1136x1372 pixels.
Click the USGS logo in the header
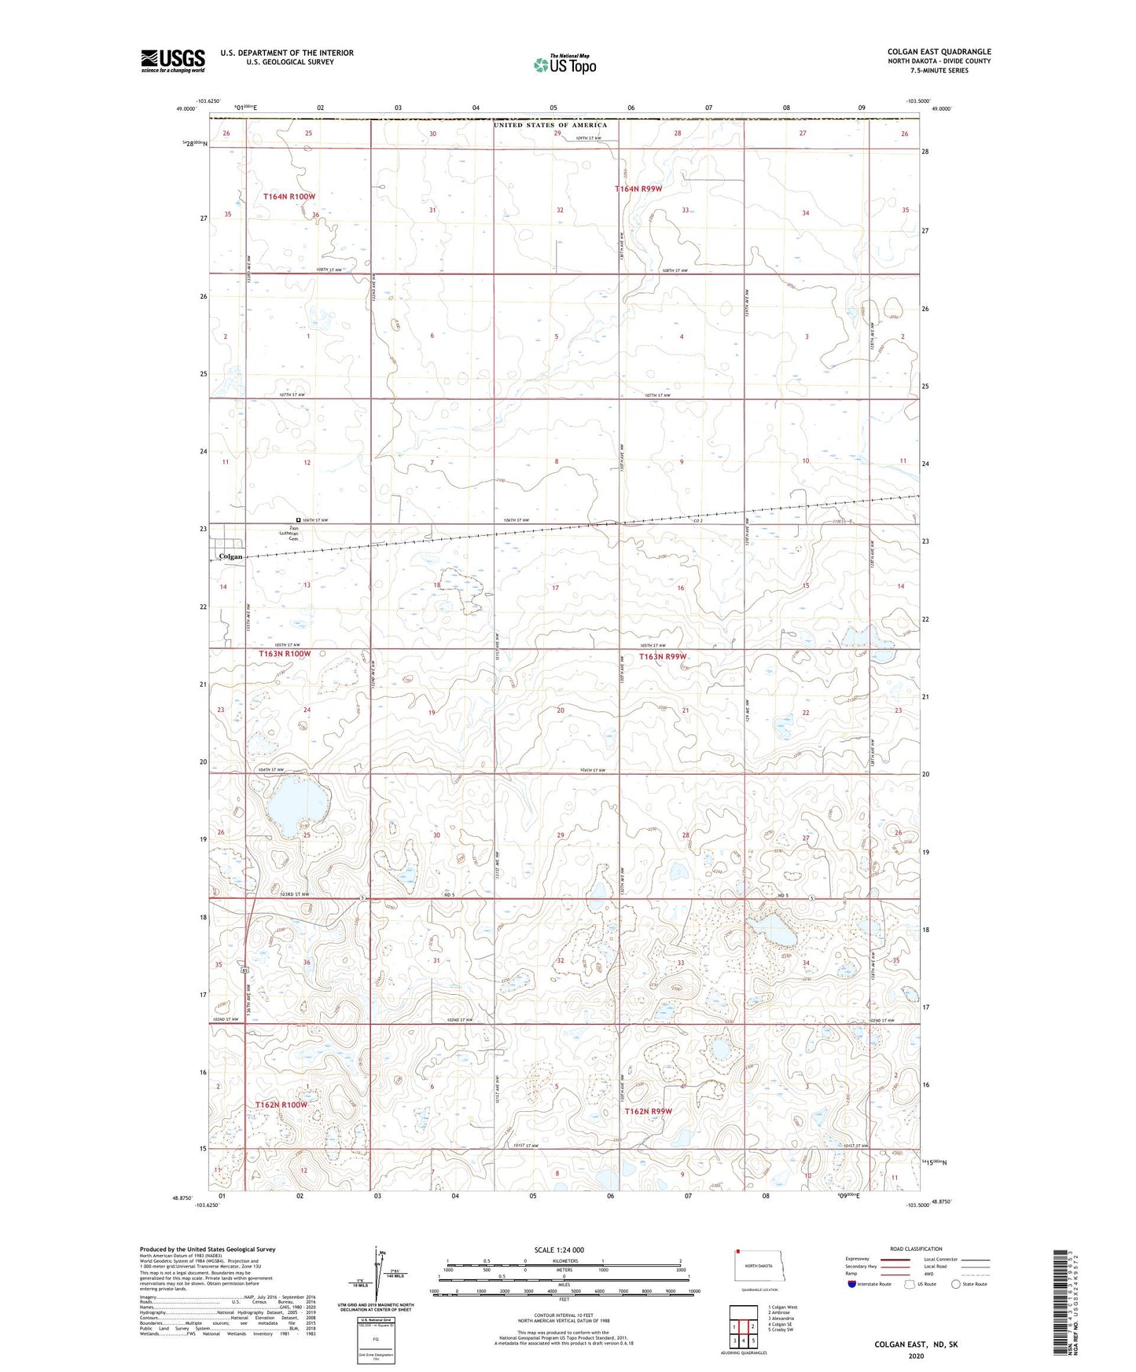(x=173, y=61)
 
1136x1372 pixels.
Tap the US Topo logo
(x=564, y=64)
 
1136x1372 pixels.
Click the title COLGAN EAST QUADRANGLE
(x=939, y=52)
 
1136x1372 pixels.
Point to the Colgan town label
(x=230, y=556)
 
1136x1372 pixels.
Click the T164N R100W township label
(x=289, y=196)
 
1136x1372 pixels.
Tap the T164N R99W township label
(x=638, y=189)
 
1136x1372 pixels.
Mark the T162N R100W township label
(x=281, y=1105)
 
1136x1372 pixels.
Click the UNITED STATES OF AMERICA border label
(x=550, y=125)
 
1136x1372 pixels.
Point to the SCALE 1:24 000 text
(x=559, y=1249)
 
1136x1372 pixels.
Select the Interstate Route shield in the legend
(x=852, y=1284)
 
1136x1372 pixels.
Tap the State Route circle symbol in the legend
(x=957, y=1284)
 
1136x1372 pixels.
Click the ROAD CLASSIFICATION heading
(x=916, y=1249)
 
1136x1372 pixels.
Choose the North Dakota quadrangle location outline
(x=759, y=1266)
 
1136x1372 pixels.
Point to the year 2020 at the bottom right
(x=916, y=1355)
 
